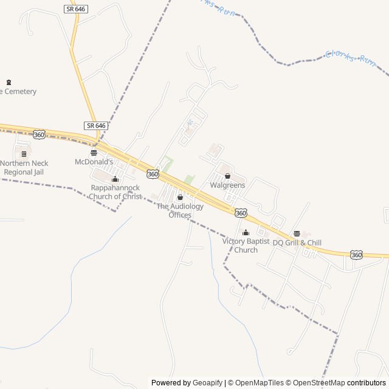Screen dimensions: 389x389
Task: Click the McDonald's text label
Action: (x=94, y=162)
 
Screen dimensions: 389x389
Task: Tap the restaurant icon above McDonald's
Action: (x=94, y=153)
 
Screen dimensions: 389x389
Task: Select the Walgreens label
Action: (x=227, y=185)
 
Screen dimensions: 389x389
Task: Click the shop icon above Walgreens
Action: (x=227, y=176)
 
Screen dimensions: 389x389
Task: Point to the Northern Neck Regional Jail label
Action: (x=24, y=167)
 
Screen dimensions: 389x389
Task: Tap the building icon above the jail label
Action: (x=24, y=154)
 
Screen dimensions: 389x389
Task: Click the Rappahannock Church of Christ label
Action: (x=116, y=192)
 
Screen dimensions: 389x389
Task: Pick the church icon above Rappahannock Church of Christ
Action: (x=115, y=179)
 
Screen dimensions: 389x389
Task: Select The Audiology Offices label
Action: (x=180, y=210)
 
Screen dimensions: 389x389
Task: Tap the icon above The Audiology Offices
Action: (x=179, y=198)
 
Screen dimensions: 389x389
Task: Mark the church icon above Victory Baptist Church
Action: (x=246, y=232)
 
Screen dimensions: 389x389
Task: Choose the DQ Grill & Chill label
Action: (x=297, y=243)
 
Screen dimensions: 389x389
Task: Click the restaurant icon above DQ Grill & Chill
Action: (x=297, y=233)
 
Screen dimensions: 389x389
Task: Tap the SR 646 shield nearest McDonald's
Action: (x=96, y=125)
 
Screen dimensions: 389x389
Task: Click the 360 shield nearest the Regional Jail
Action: (x=40, y=134)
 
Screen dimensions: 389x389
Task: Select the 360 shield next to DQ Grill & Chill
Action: (x=356, y=255)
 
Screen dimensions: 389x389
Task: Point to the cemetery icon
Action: (x=9, y=82)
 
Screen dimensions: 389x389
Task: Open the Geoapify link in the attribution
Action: (x=207, y=383)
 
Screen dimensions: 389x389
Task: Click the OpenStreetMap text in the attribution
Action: (x=316, y=383)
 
